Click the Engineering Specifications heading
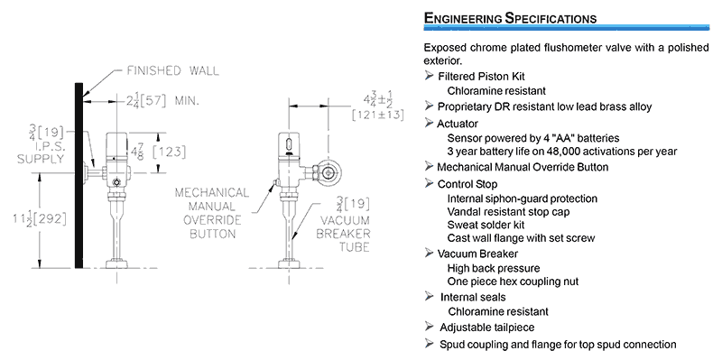pyautogui.click(x=510, y=18)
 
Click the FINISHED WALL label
pyautogui.click(x=172, y=71)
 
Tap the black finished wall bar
pyautogui.click(x=79, y=175)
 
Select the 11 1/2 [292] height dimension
pyautogui.click(x=40, y=218)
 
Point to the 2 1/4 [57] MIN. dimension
pyautogui.click(x=162, y=101)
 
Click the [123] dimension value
pyautogui.click(x=169, y=152)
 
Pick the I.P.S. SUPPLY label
pyautogui.click(x=41, y=153)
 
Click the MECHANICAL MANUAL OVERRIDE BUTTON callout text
pyautogui.click(x=212, y=213)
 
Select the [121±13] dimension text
pyautogui.click(x=377, y=115)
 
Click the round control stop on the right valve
pyautogui.click(x=329, y=173)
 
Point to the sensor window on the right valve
pyautogui.click(x=288, y=142)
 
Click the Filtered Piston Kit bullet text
pyautogui.click(x=481, y=76)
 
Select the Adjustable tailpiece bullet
pyautogui.click(x=487, y=328)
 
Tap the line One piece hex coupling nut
pyautogui.click(x=513, y=282)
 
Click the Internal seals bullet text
pyautogui.click(x=473, y=297)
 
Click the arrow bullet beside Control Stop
pyautogui.click(x=430, y=184)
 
